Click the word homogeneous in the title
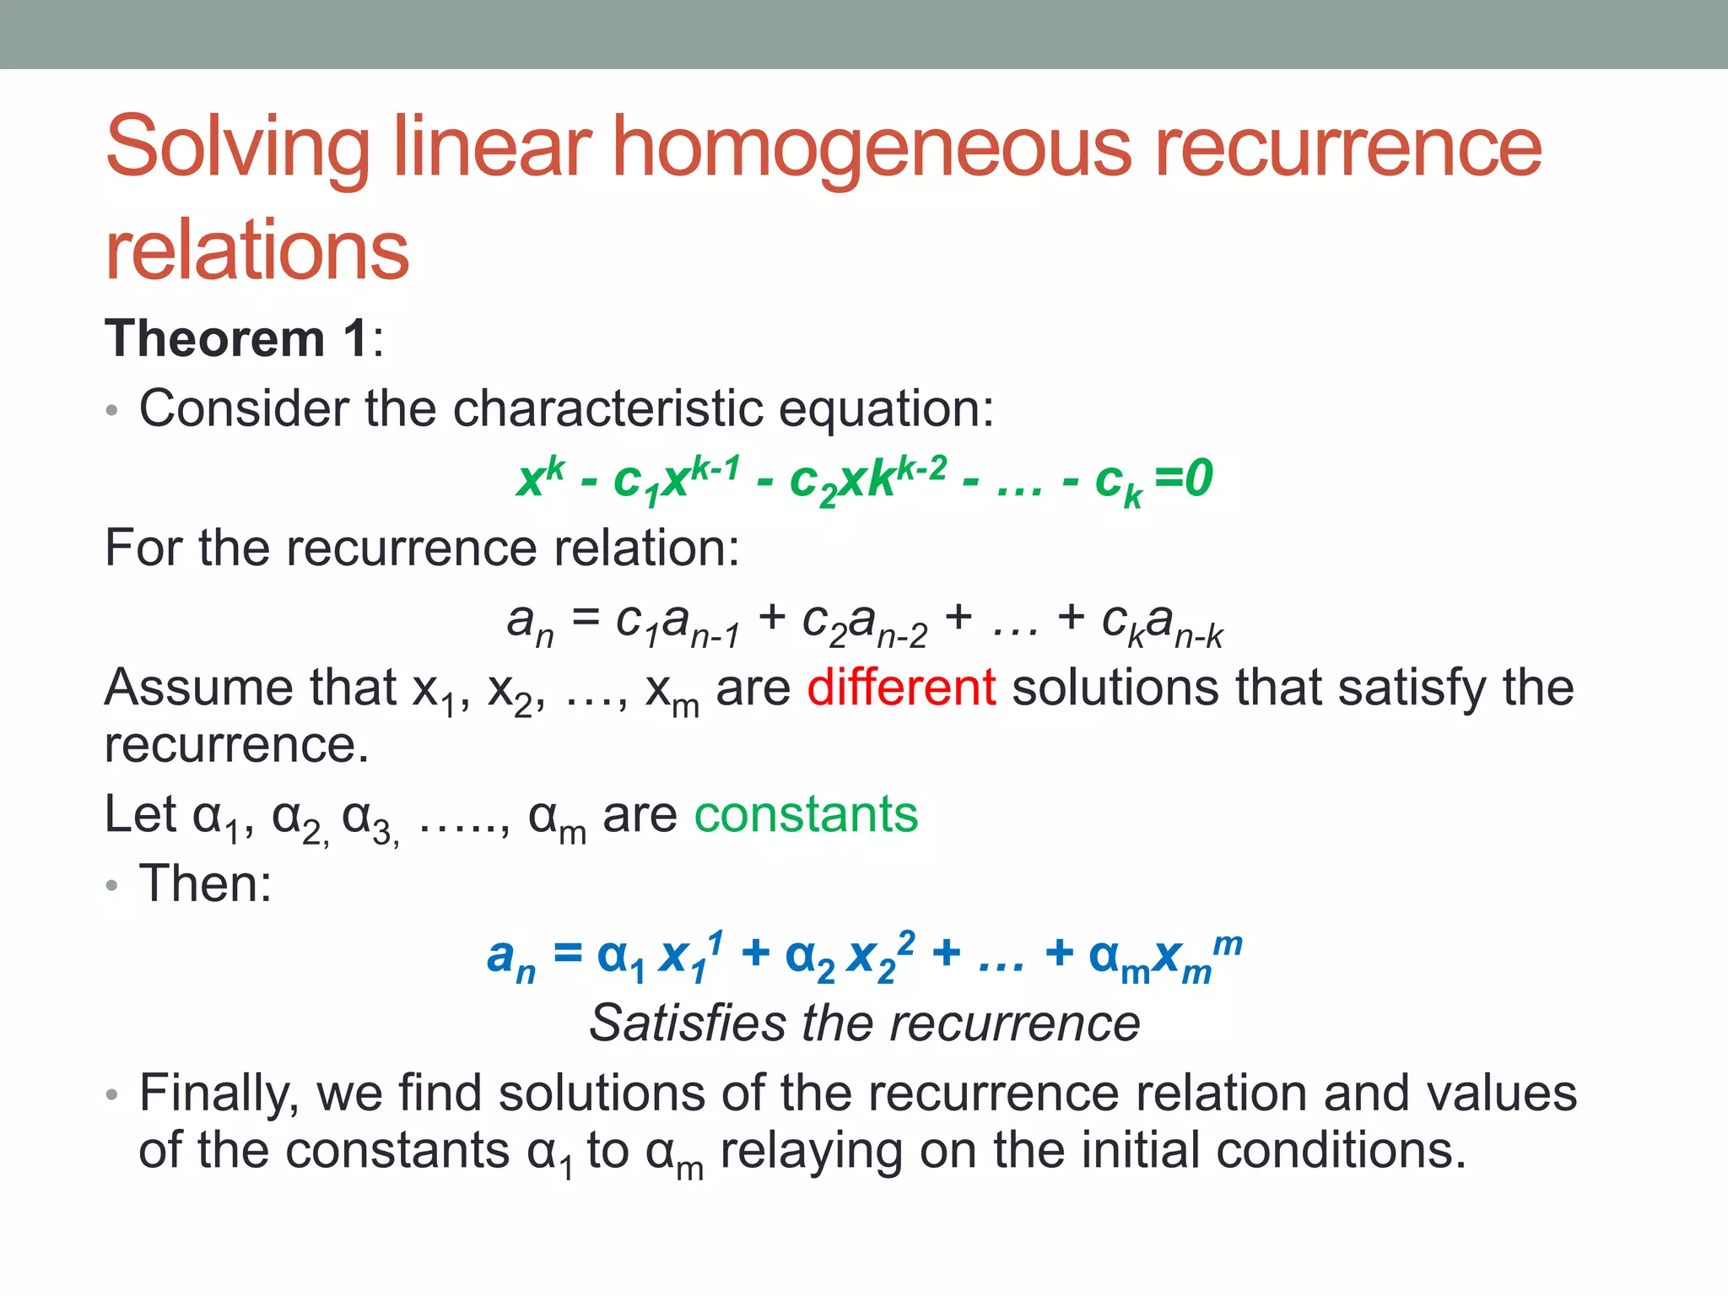point(871,148)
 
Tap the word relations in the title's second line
point(256,251)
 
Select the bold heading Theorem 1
point(236,339)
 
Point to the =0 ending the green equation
point(1183,478)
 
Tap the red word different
point(901,687)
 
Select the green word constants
point(806,815)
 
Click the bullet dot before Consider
point(112,411)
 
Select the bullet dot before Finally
point(112,1095)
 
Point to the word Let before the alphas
point(140,815)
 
